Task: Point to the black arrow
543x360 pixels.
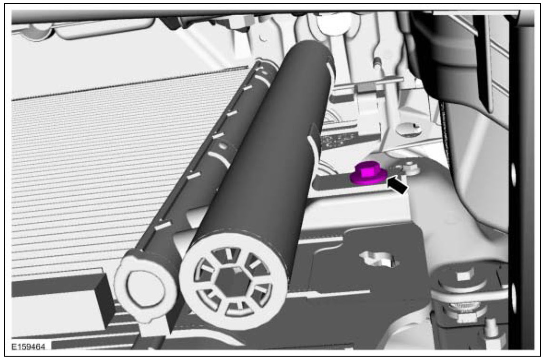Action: pyautogui.click(x=397, y=185)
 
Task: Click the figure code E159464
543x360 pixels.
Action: pyautogui.click(x=29, y=347)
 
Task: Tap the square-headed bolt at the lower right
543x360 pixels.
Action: pyautogui.click(x=462, y=276)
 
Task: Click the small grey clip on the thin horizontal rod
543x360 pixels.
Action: pyautogui.click(x=365, y=87)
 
